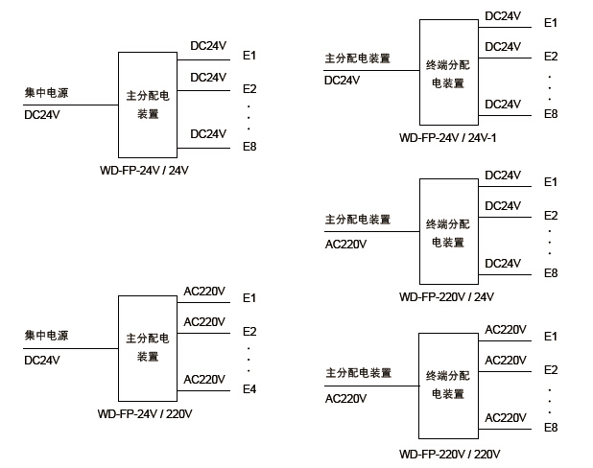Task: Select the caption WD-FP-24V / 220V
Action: (x=146, y=414)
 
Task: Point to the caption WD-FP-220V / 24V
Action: (x=446, y=296)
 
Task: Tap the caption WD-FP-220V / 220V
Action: (x=450, y=453)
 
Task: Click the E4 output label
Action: (x=249, y=388)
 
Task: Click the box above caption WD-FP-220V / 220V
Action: (x=448, y=386)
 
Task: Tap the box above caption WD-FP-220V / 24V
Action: (x=448, y=230)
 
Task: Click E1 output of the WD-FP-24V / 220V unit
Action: (x=249, y=298)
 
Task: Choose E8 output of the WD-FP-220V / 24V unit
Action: (x=551, y=273)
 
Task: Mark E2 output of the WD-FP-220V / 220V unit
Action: (x=551, y=370)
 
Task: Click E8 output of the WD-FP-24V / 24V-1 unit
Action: (x=551, y=114)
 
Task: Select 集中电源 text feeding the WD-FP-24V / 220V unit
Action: (x=47, y=336)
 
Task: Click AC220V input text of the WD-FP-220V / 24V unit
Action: (x=345, y=243)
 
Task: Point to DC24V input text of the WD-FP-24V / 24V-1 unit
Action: (x=343, y=81)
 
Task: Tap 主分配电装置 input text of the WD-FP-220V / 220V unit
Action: (x=358, y=373)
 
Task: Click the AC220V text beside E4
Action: (x=204, y=379)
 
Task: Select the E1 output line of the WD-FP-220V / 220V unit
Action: (x=505, y=341)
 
